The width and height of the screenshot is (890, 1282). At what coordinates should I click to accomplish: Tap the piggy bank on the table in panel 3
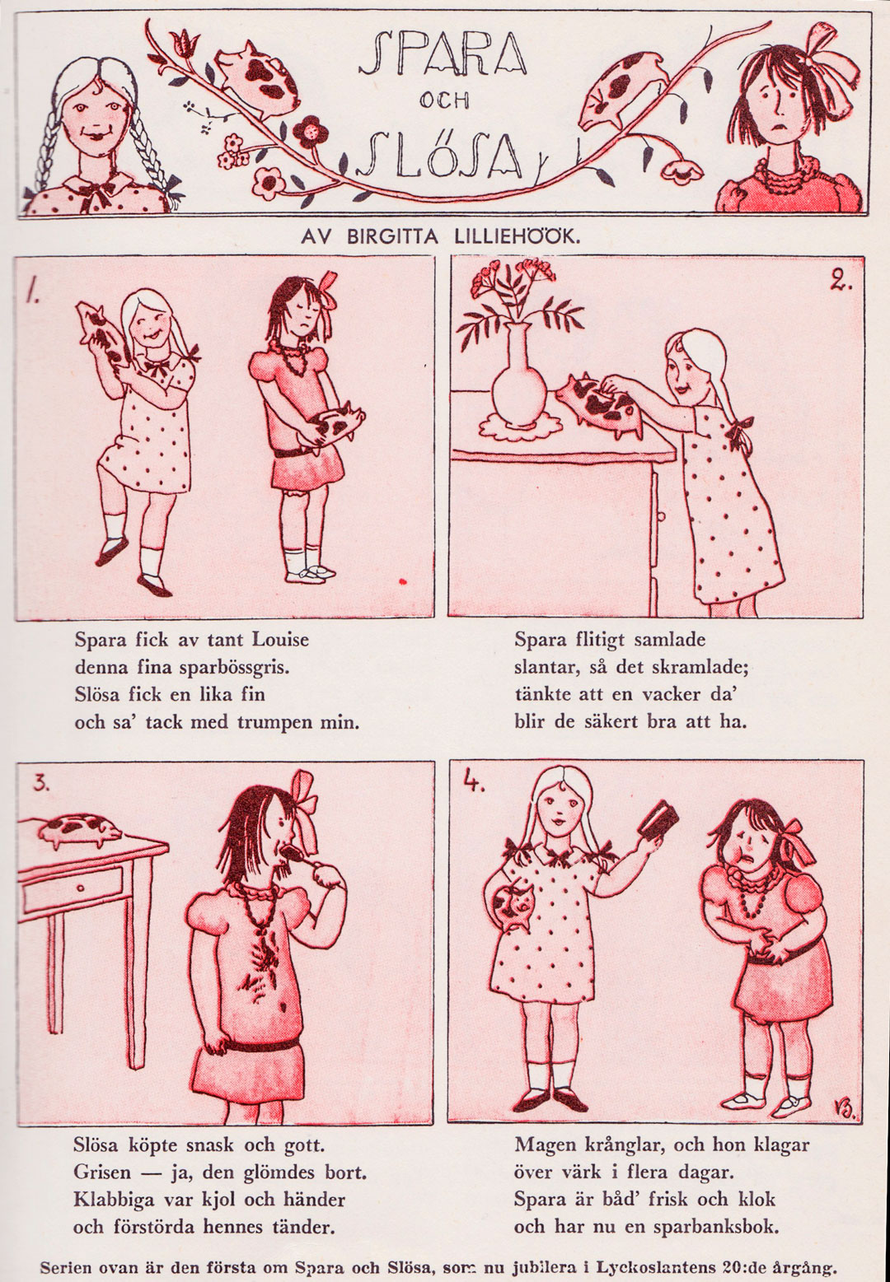click(80, 831)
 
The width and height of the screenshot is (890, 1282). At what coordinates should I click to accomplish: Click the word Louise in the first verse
click(281, 639)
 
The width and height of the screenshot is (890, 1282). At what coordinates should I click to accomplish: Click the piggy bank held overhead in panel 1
click(102, 332)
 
